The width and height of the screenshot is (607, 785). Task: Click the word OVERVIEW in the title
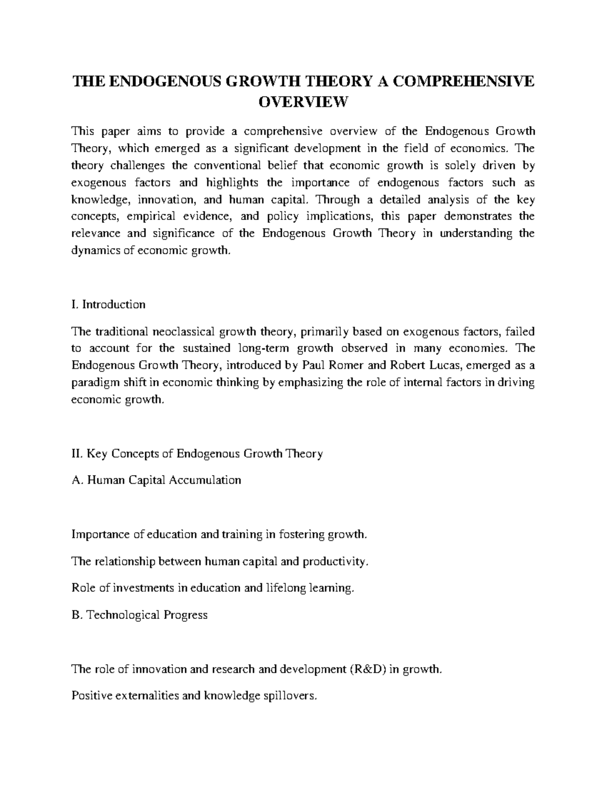[x=303, y=102]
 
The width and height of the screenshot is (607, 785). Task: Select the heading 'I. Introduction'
[x=109, y=304]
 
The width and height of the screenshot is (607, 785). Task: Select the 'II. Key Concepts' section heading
[x=197, y=453]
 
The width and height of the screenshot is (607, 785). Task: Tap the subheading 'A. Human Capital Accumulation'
[x=156, y=480]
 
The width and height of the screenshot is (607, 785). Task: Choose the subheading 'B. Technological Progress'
[x=140, y=615]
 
